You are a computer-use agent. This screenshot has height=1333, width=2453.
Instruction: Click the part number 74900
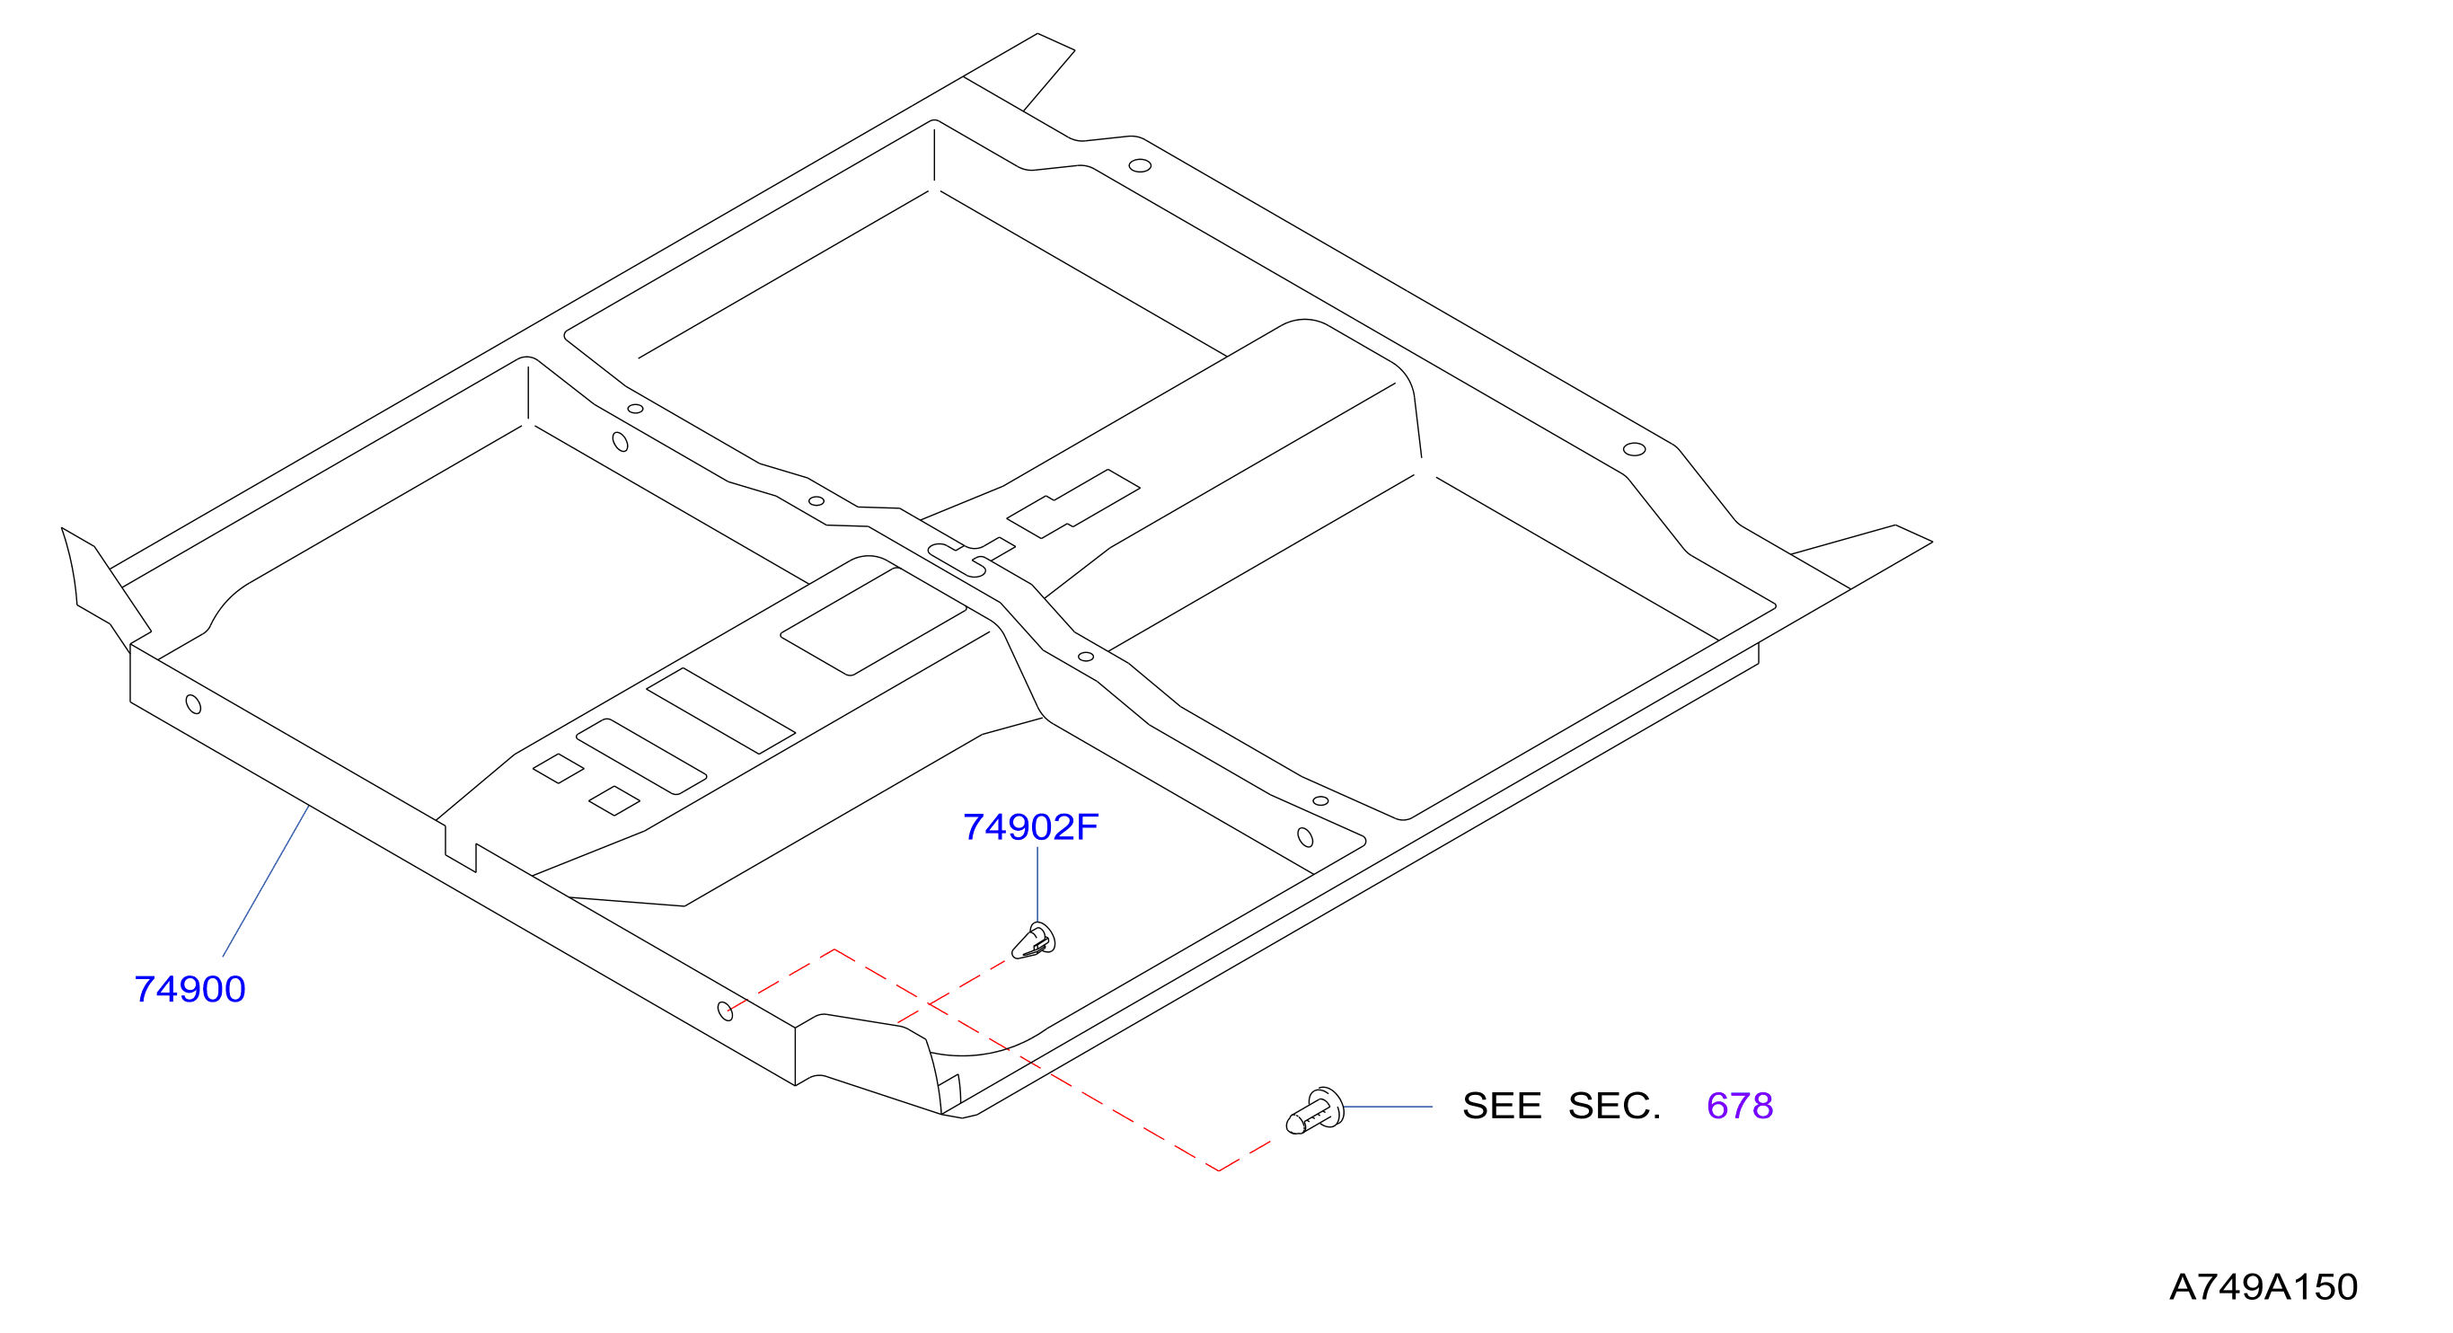tap(190, 989)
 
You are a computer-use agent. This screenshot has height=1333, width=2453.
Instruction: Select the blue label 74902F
tap(1030, 827)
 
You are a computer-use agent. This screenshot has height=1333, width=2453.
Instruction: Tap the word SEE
tap(1502, 1106)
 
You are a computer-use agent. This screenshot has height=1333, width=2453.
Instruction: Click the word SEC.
tap(1614, 1106)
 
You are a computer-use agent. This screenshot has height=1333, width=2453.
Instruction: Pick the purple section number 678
tap(1740, 1106)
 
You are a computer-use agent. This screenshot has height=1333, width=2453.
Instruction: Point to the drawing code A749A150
tap(2263, 1287)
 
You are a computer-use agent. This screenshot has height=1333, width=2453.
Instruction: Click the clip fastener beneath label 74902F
tap(1033, 941)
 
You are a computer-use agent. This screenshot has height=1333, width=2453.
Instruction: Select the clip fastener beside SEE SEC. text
tap(1315, 1111)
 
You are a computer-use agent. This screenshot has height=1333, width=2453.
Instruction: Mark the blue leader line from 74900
tap(266, 880)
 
